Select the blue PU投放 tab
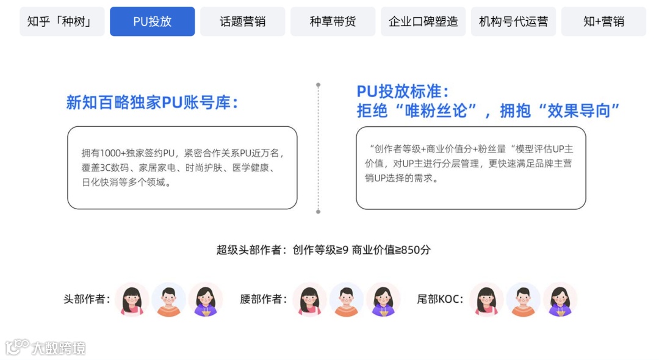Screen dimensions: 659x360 pos(152,22)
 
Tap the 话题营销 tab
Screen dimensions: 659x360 pos(242,22)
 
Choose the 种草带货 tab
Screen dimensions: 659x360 pos(333,22)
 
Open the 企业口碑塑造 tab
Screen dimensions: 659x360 pos(423,22)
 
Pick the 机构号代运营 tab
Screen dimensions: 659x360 pos(513,22)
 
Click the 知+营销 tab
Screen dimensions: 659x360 pos(603,22)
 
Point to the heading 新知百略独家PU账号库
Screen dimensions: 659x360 pos(151,103)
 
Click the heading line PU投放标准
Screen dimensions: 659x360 pos(403,92)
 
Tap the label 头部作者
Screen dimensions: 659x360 pos(87,300)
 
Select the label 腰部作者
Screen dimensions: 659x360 pos(264,300)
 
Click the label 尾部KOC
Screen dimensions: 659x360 pos(440,300)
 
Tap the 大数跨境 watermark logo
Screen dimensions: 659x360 pos(46,348)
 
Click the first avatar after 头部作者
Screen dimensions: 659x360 pos(132,300)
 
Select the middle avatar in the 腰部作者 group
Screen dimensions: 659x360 pos(346,300)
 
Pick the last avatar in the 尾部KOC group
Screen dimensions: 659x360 pos(560,300)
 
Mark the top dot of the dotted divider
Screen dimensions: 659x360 pos(318,85)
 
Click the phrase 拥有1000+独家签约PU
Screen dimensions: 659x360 pos(129,153)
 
